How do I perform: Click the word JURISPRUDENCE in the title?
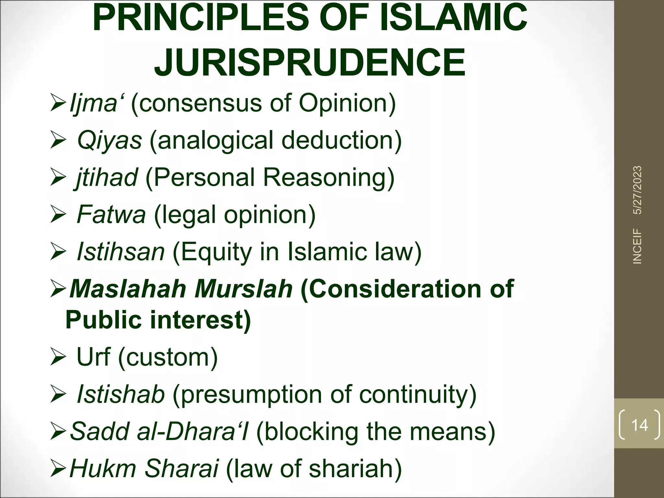coord(310,62)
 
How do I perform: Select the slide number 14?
coord(639,425)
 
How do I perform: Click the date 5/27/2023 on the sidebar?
coord(637,190)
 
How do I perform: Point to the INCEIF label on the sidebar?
coord(637,246)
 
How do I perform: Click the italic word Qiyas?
coord(109,140)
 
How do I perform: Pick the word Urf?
coord(93,357)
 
